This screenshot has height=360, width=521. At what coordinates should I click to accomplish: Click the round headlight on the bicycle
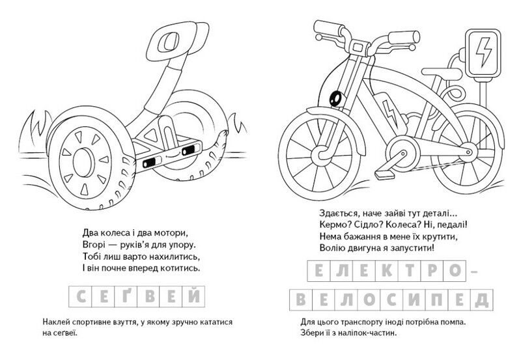click(x=336, y=99)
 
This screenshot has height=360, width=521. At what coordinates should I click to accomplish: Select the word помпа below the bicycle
click(x=452, y=322)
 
